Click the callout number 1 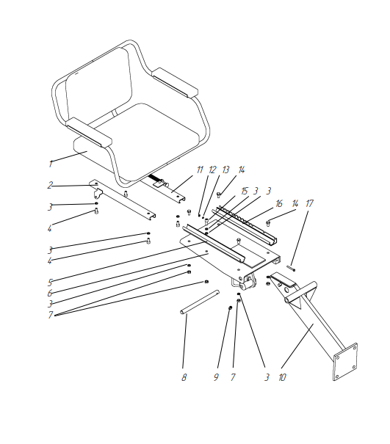[51, 164]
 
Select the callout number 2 [50, 185]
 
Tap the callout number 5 [50, 283]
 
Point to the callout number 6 [50, 293]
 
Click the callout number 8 [184, 377]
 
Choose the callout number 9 [216, 377]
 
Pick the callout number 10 [282, 377]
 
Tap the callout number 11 [200, 170]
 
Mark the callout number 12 [212, 170]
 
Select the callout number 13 [225, 170]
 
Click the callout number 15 [244, 191]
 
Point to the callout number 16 [279, 203]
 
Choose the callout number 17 [309, 203]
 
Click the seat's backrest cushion [99, 85]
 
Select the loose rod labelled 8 [200, 302]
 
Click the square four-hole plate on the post [345, 362]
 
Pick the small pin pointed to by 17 [291, 268]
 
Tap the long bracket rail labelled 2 [123, 199]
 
